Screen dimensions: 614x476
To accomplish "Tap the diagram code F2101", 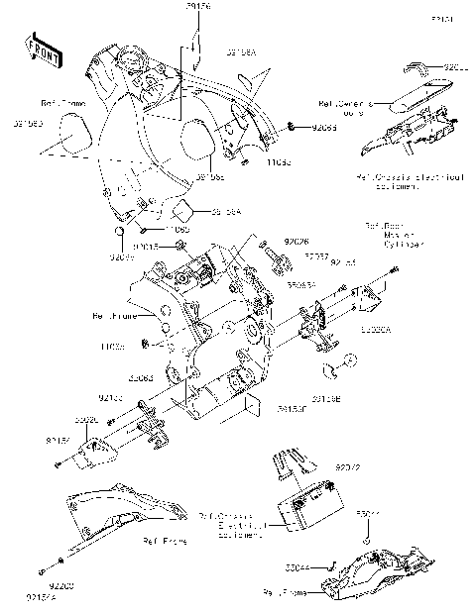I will tap(442, 20).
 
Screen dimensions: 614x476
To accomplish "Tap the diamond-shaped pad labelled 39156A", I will tap(181, 210).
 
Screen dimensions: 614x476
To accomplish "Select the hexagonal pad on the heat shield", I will tap(197, 138).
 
